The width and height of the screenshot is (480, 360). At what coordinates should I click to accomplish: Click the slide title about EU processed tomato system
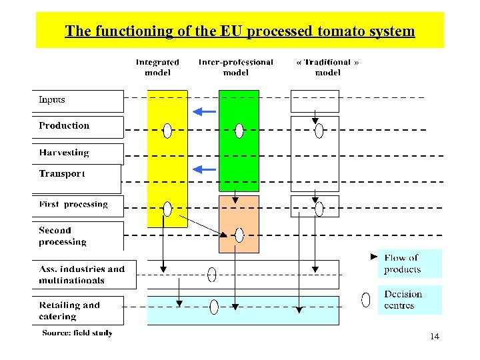[x=239, y=31]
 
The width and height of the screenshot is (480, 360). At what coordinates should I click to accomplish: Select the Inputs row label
[x=52, y=100]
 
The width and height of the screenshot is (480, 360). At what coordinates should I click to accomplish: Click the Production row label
[x=64, y=125]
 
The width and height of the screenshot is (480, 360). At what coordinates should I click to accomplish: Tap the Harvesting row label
[x=64, y=153]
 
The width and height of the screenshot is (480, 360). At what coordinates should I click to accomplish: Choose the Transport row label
[x=62, y=173]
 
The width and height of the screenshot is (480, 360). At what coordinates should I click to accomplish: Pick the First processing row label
[x=73, y=204]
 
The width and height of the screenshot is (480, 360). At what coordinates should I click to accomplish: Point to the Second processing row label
[x=63, y=236]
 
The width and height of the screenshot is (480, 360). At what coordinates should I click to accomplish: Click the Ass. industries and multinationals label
[x=81, y=275]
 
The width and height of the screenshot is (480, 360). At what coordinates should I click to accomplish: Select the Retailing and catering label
[x=69, y=311]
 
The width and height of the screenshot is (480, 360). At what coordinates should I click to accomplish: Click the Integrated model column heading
[x=157, y=67]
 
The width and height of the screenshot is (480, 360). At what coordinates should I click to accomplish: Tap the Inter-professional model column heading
[x=236, y=67]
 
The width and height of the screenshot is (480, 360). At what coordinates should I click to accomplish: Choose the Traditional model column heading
[x=327, y=67]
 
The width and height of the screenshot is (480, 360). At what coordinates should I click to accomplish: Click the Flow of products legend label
[x=402, y=264]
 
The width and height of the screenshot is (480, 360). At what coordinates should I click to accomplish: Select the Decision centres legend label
[x=403, y=300]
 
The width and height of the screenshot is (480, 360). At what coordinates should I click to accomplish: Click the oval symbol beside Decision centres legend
[x=365, y=300]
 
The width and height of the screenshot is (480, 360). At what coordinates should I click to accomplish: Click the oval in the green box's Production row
[x=239, y=131]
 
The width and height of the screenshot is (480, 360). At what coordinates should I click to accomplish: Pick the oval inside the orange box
[x=239, y=235]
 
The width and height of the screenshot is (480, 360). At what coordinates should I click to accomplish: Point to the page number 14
[x=435, y=337]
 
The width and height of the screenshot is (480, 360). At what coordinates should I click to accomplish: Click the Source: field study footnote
[x=77, y=333]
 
